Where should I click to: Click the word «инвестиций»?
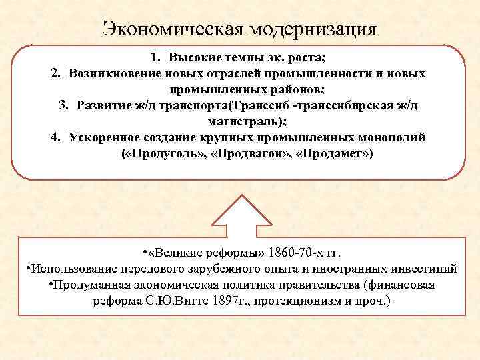pyautogui.click(x=422, y=269)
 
